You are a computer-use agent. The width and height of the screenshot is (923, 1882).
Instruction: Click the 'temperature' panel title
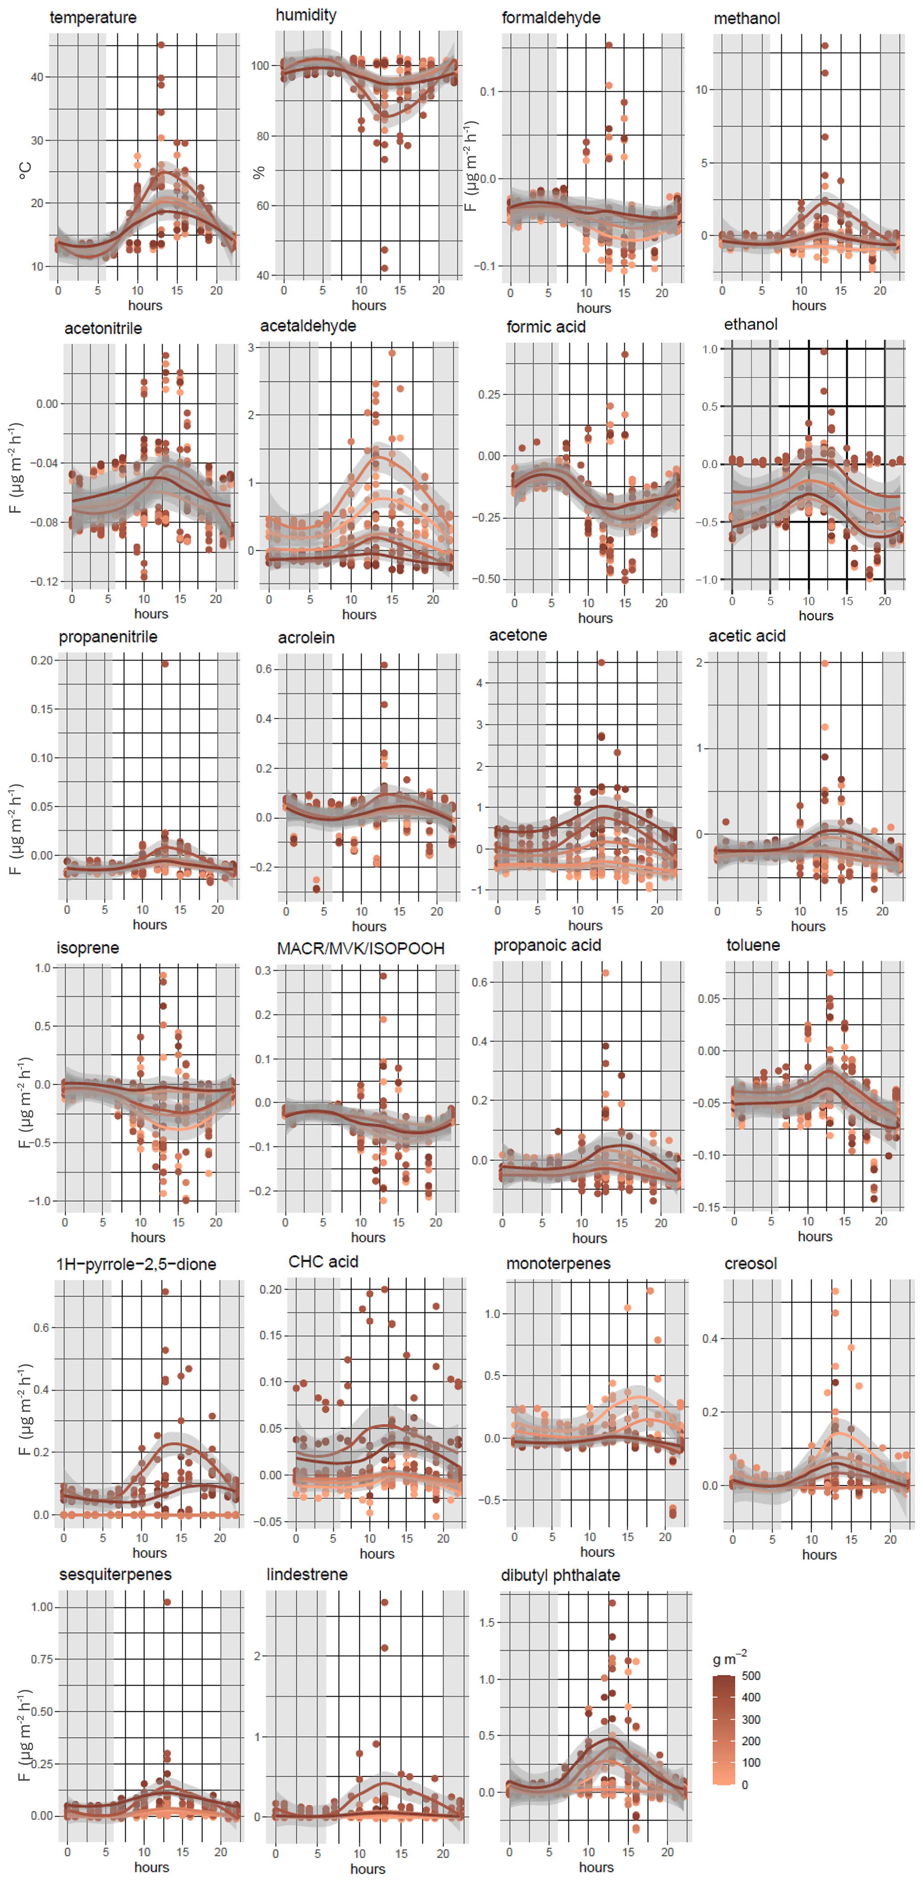tap(93, 17)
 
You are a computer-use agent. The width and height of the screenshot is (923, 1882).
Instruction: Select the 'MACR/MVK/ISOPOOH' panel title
tap(361, 948)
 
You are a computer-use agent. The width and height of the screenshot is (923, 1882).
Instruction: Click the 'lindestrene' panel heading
tap(307, 1575)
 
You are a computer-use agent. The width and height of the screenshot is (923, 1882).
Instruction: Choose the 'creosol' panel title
tap(751, 1264)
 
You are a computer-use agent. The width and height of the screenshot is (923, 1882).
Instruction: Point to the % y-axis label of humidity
tap(259, 173)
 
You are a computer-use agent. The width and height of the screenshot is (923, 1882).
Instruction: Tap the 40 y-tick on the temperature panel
tap(37, 77)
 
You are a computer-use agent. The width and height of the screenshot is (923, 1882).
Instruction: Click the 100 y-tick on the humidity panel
tap(260, 66)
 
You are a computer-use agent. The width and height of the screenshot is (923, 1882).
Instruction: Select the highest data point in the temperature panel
tap(161, 45)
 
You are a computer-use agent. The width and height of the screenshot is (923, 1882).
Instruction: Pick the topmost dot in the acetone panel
tap(601, 663)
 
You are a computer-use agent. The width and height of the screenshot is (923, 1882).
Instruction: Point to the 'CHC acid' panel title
tap(323, 1262)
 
